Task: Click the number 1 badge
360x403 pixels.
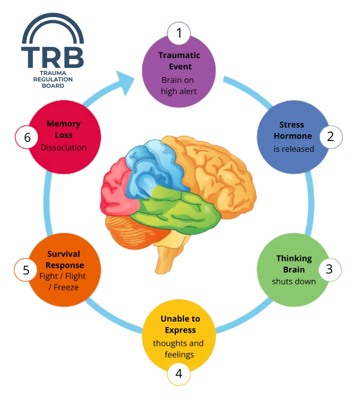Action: pos(179,33)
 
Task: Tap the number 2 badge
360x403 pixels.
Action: pos(330,136)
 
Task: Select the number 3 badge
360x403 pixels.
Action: pos(329,269)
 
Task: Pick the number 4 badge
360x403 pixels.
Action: pos(179,373)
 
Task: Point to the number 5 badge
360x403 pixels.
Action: pos(26,270)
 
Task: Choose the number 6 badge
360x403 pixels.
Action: pos(27,137)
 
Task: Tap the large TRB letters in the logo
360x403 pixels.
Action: pos(53,57)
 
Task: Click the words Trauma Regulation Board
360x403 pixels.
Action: pos(53,79)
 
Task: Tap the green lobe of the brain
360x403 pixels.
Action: pos(180,206)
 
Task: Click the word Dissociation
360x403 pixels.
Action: pos(64,148)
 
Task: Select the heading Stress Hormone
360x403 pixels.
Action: pos(292,130)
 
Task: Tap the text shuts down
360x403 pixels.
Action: pos(294,281)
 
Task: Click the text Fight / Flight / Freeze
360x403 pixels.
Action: pos(63,281)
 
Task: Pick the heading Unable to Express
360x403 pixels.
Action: pos(180,324)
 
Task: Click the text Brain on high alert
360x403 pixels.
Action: pos(179,86)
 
